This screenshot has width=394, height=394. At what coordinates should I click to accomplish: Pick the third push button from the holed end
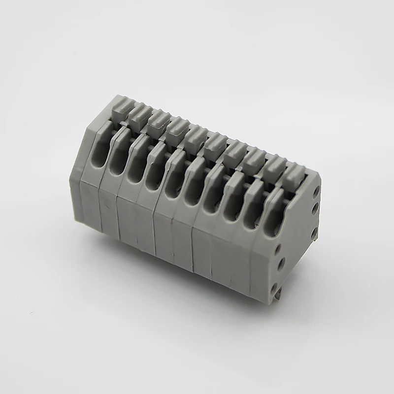254,158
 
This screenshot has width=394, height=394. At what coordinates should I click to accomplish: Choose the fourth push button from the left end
176,129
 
